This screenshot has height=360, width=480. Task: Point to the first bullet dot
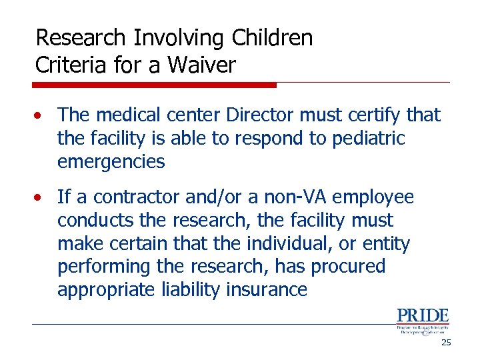41,116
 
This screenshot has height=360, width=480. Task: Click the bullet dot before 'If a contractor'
41,198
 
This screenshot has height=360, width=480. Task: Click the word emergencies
111,161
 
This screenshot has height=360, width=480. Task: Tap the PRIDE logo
423,321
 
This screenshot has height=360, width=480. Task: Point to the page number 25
445,343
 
